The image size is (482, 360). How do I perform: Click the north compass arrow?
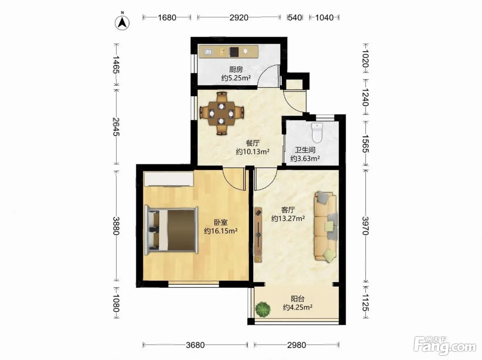click(122, 23)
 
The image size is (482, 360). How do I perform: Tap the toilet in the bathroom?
click(317, 133)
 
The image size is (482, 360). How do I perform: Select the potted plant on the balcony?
click(263, 309)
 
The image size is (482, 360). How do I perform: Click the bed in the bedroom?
click(171, 230)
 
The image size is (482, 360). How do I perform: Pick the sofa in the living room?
click(326, 227)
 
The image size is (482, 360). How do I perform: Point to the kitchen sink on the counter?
click(208, 52)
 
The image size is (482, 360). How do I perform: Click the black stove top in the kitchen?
click(234, 52)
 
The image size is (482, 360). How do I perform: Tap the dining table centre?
click(221, 114)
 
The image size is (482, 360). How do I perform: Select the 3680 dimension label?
click(195, 345)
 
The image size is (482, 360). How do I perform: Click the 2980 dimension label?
click(296, 345)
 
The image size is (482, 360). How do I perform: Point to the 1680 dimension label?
click(167, 18)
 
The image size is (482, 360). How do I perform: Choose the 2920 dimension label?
click(239, 18)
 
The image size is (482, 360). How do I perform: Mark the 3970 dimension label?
click(365, 226)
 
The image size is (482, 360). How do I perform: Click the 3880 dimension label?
click(116, 226)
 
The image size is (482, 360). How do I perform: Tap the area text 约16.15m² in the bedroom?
click(221, 231)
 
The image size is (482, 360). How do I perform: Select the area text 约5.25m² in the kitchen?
click(236, 78)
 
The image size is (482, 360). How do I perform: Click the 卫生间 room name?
click(305, 150)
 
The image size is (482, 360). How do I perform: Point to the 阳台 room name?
click(297, 299)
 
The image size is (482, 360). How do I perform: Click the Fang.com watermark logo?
click(445, 346)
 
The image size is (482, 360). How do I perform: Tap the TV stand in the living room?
click(258, 235)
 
